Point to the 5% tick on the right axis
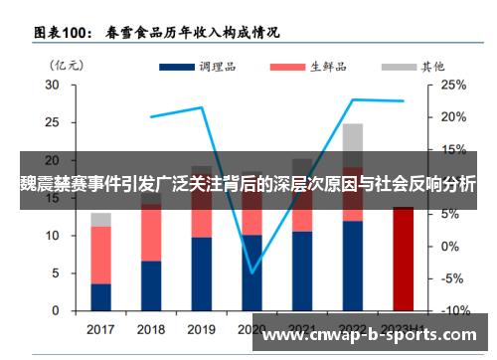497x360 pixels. (x=450, y=214)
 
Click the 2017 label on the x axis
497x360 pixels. (x=100, y=329)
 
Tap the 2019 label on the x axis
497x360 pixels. (x=202, y=329)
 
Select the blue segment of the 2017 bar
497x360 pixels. (x=100, y=297)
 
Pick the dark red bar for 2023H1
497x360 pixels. (x=404, y=259)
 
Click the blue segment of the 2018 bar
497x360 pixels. (x=151, y=286)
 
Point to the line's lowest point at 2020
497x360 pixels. (x=252, y=271)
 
